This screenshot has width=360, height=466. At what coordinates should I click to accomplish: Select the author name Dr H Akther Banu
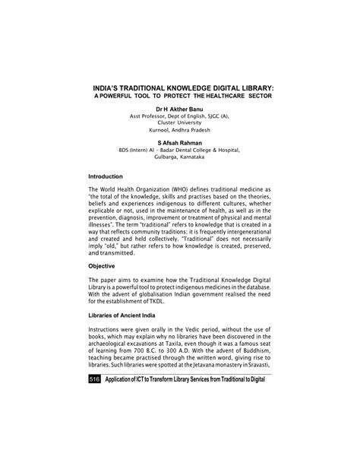click(180, 109)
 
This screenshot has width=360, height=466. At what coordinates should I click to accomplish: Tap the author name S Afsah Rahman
click(180, 141)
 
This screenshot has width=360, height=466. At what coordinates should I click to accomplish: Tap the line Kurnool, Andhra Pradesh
click(180, 129)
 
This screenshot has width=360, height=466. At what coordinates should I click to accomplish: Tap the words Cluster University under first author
click(180, 122)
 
